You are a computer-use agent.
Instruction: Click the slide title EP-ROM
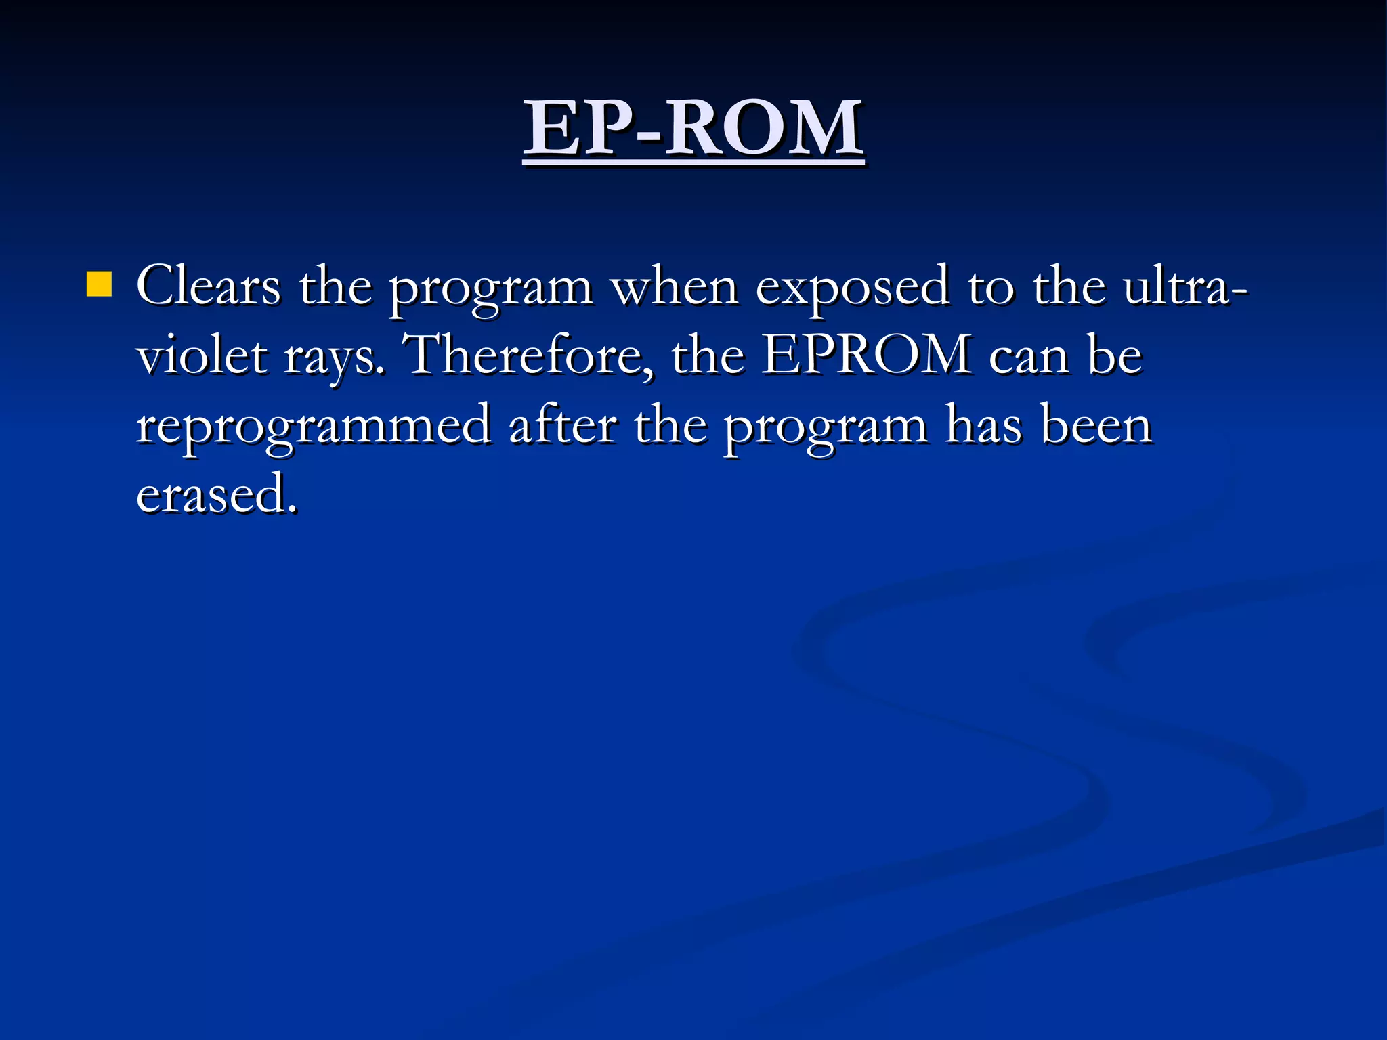point(693,128)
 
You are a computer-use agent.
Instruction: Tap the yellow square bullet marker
point(99,284)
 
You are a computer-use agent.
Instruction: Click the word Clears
point(208,286)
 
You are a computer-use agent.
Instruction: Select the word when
point(675,286)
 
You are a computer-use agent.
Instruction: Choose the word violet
point(201,356)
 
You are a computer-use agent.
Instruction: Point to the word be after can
point(1115,356)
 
